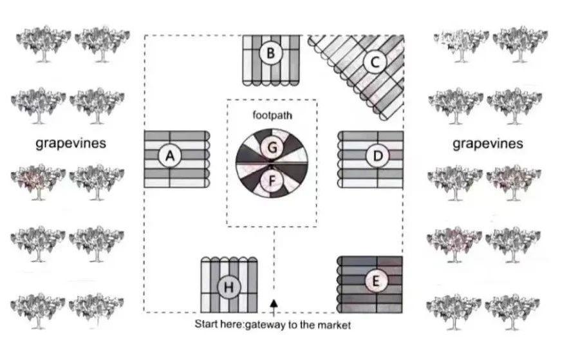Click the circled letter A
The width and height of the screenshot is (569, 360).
click(x=170, y=156)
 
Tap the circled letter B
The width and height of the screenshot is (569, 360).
click(x=271, y=53)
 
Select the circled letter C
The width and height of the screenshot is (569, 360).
click(x=374, y=63)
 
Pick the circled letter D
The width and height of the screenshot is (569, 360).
click(x=377, y=156)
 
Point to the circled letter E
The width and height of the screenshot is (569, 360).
click(x=376, y=281)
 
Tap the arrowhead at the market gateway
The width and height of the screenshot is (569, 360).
click(x=274, y=303)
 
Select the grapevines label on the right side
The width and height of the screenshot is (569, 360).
click(x=487, y=144)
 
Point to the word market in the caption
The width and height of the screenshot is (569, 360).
click(x=335, y=325)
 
